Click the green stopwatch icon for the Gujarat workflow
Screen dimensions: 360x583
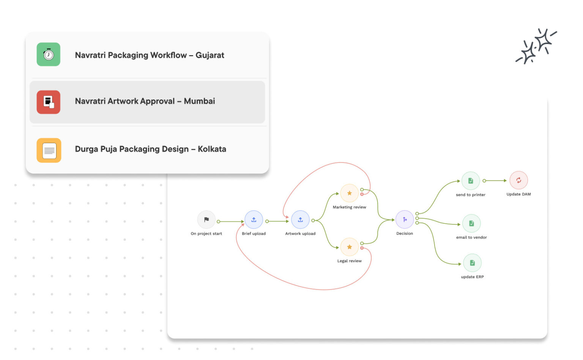click(48, 54)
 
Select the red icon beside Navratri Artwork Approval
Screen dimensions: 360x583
click(48, 102)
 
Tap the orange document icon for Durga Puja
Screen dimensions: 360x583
click(49, 150)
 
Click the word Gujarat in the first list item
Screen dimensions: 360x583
click(210, 55)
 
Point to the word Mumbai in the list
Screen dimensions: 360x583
click(199, 101)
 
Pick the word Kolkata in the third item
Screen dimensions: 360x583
click(212, 149)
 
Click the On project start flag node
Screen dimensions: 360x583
click(206, 219)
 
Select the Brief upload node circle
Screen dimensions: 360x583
click(254, 219)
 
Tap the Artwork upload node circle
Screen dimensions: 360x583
click(300, 219)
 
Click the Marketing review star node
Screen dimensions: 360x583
click(349, 193)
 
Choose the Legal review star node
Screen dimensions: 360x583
click(349, 247)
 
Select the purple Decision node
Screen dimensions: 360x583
click(405, 219)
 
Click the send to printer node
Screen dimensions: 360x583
click(471, 181)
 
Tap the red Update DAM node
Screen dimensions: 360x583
click(518, 180)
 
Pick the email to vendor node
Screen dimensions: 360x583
click(471, 223)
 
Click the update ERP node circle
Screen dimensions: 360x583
click(472, 263)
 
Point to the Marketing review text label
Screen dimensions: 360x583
click(349, 207)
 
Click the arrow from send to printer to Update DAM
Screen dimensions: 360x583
click(495, 181)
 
